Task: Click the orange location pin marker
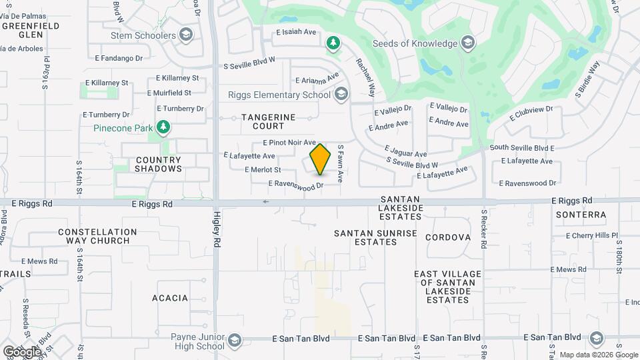[320, 159]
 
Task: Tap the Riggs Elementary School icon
[342, 94]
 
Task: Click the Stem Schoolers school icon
[186, 35]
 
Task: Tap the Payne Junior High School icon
[234, 341]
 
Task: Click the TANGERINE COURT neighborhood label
[268, 121]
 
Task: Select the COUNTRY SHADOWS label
[158, 164]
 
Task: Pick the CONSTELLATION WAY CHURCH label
[97, 237]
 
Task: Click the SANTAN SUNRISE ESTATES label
[375, 237]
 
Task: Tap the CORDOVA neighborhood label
[448, 237]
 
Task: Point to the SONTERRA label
[581, 215]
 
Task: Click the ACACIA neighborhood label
[170, 298]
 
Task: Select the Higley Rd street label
[217, 237]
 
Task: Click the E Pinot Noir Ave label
[289, 143]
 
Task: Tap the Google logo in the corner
[22, 351]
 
